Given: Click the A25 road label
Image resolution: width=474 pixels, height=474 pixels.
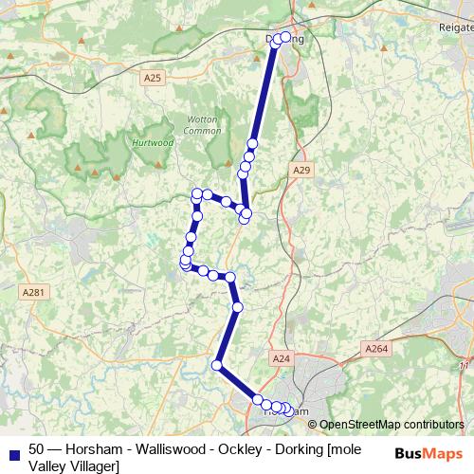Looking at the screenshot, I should click(153, 78).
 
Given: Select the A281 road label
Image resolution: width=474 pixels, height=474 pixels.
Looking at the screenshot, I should click(31, 293).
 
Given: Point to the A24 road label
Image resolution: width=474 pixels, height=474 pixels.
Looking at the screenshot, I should click(281, 359).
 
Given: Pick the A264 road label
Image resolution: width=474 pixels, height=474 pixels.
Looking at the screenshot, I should click(377, 349).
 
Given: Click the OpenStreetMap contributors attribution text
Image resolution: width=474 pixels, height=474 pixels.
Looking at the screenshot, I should click(391, 425).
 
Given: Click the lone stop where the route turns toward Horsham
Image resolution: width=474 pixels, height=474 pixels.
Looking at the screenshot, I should click(217, 365).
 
